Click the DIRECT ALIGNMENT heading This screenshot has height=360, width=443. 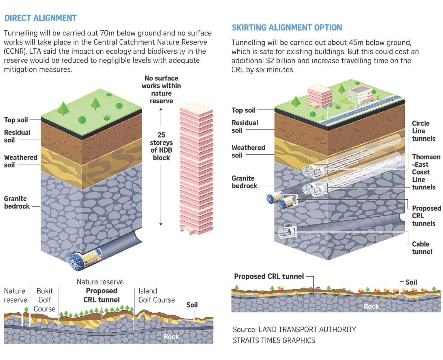point(40,18)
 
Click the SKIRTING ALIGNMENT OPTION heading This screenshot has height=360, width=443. point(287,28)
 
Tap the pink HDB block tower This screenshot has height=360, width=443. point(196,170)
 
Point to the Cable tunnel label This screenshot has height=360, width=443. point(422,248)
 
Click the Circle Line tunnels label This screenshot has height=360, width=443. point(423,131)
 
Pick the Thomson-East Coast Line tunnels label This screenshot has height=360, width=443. point(426,172)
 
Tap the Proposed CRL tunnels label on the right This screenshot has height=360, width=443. point(426,216)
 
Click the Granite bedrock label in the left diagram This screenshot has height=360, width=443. point(17,202)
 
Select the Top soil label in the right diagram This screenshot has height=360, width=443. point(243,110)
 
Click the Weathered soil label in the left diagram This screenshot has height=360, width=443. point(20,161)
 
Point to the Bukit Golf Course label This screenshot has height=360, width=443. point(44,300)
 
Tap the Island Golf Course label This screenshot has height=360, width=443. point(156,295)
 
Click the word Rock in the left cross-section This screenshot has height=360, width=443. point(171,337)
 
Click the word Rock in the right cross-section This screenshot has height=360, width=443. point(371,306)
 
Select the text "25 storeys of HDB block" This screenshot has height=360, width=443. point(161,146)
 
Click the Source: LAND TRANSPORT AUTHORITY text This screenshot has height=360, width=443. point(294,329)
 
